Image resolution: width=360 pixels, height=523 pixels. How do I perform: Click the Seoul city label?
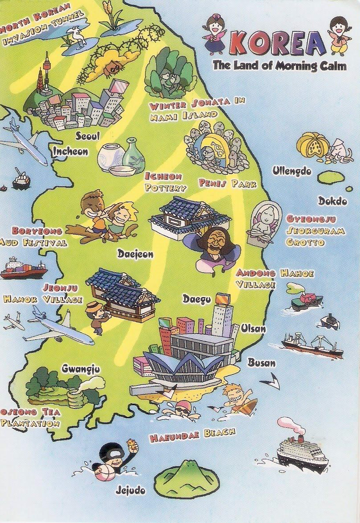click(x=87, y=135)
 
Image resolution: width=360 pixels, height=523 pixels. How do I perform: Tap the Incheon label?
click(x=70, y=151)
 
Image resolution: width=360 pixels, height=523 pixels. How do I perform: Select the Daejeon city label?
click(x=135, y=254)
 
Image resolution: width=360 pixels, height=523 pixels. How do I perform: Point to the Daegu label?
click(x=196, y=299)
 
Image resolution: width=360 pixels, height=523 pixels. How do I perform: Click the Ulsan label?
click(x=253, y=329)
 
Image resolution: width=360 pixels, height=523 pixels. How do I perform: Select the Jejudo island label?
click(x=130, y=490)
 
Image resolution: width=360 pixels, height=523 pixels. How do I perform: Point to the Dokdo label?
click(x=332, y=201)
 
